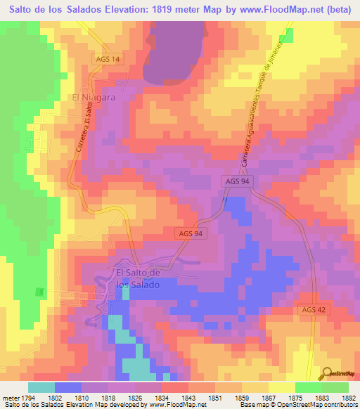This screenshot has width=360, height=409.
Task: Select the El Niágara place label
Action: [93, 98]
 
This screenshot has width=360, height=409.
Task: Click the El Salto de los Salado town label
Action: [139, 279]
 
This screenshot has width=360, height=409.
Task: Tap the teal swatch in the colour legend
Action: [41, 387]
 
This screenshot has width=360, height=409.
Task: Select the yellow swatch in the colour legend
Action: [281, 387]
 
